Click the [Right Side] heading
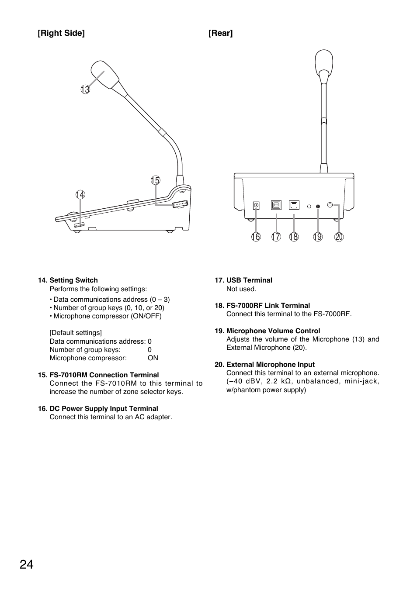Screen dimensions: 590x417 [61, 33]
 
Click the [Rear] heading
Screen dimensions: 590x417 [220, 33]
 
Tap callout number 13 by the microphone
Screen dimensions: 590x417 [85, 90]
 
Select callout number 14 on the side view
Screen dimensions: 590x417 [80, 195]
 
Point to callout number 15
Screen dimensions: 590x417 [155, 180]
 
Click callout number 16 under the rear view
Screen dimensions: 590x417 [256, 237]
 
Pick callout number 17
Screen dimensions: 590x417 [276, 237]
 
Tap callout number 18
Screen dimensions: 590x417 [294, 237]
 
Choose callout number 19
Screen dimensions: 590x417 [318, 237]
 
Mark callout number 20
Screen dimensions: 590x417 [339, 237]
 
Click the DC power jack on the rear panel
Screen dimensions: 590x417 [256, 205]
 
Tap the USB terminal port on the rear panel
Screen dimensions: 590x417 [276, 205]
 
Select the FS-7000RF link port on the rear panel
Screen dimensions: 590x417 [294, 205]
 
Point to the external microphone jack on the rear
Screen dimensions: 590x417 [330, 204]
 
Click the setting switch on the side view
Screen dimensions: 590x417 [79, 225]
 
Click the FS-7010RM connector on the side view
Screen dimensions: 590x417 [180, 204]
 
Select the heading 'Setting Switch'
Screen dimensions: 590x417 [73, 280]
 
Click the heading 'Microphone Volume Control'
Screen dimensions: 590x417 [273, 331]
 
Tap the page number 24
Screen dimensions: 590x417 [26, 565]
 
